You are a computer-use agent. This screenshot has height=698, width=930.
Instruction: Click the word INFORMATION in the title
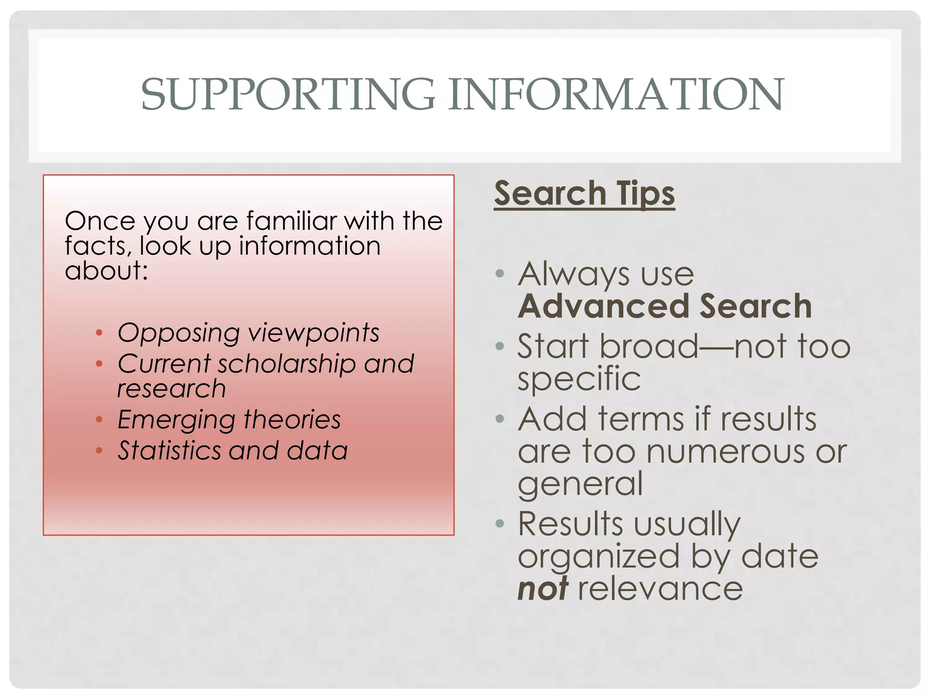tap(616, 95)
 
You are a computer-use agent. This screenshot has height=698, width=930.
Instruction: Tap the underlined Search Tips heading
tap(584, 194)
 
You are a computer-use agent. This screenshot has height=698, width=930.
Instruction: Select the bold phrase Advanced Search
tap(665, 306)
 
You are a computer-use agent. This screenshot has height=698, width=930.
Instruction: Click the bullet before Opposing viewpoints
tap(99, 333)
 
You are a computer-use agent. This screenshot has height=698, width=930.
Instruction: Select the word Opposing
tap(178, 333)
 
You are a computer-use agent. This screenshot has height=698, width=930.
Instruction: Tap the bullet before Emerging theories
tap(99, 419)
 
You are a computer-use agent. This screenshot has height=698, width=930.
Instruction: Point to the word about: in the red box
tap(107, 271)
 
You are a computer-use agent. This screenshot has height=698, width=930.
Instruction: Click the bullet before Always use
tap(500, 274)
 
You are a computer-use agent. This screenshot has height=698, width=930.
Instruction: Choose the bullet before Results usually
tap(500, 524)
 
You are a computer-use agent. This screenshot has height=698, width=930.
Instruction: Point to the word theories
tap(292, 419)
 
